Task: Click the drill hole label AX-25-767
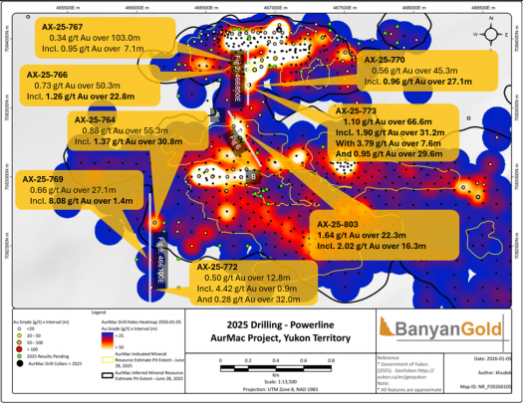63,26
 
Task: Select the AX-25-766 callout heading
48,74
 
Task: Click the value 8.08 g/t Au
80,200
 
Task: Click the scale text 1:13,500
274,381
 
